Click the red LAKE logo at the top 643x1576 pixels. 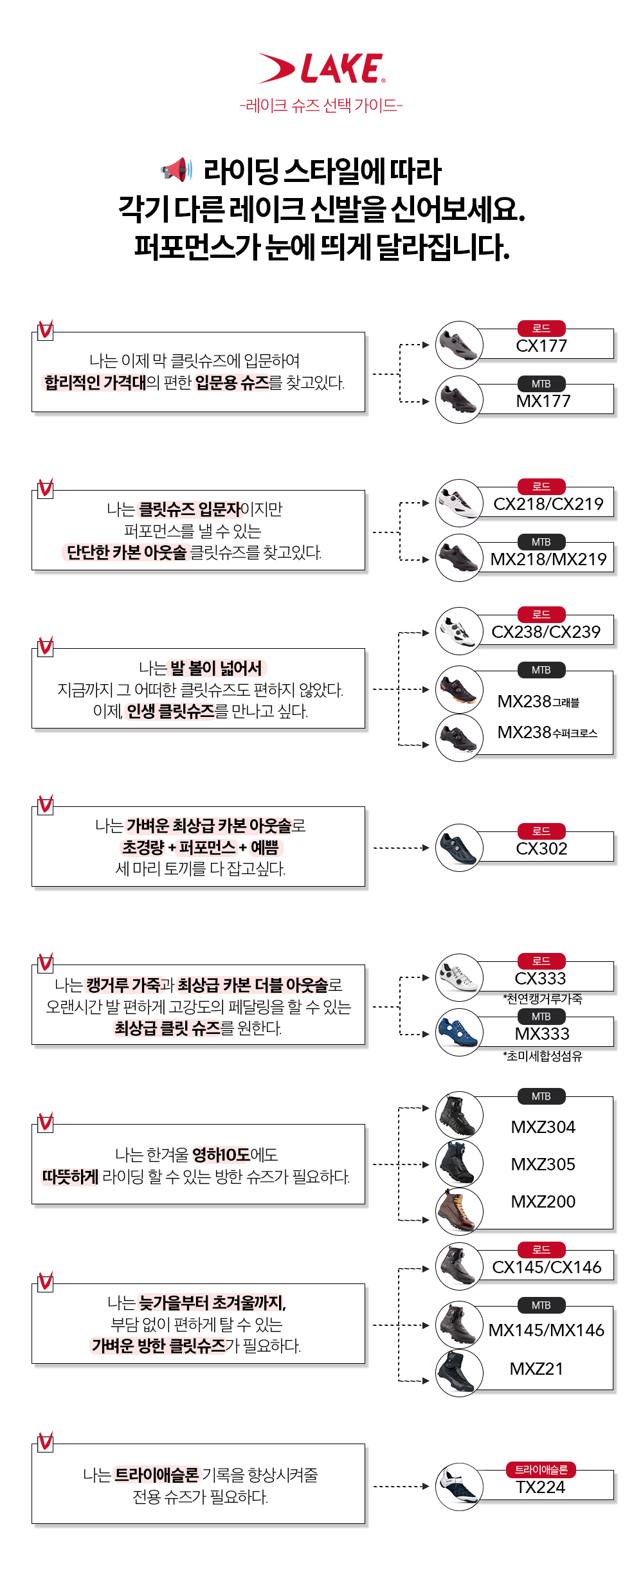[321, 68]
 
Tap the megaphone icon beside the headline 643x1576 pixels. [176, 170]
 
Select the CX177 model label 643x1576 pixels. [541, 346]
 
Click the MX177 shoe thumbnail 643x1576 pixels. [459, 400]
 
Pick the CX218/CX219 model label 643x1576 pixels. [548, 504]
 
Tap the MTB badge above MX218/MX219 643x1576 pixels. [541, 542]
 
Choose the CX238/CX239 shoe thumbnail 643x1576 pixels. [459, 631]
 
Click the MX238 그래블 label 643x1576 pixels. [539, 702]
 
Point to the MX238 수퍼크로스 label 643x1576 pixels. [548, 732]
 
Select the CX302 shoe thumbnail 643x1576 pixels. [459, 848]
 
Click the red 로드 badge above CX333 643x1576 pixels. [541, 961]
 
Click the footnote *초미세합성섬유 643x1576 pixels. [543, 1056]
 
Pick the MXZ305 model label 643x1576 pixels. [543, 1164]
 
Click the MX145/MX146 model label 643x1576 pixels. [547, 1330]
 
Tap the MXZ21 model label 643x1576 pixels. [536, 1369]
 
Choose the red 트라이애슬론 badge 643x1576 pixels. [541, 1470]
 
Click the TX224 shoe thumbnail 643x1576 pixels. [459, 1487]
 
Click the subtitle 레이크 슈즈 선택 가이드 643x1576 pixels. [321, 105]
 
